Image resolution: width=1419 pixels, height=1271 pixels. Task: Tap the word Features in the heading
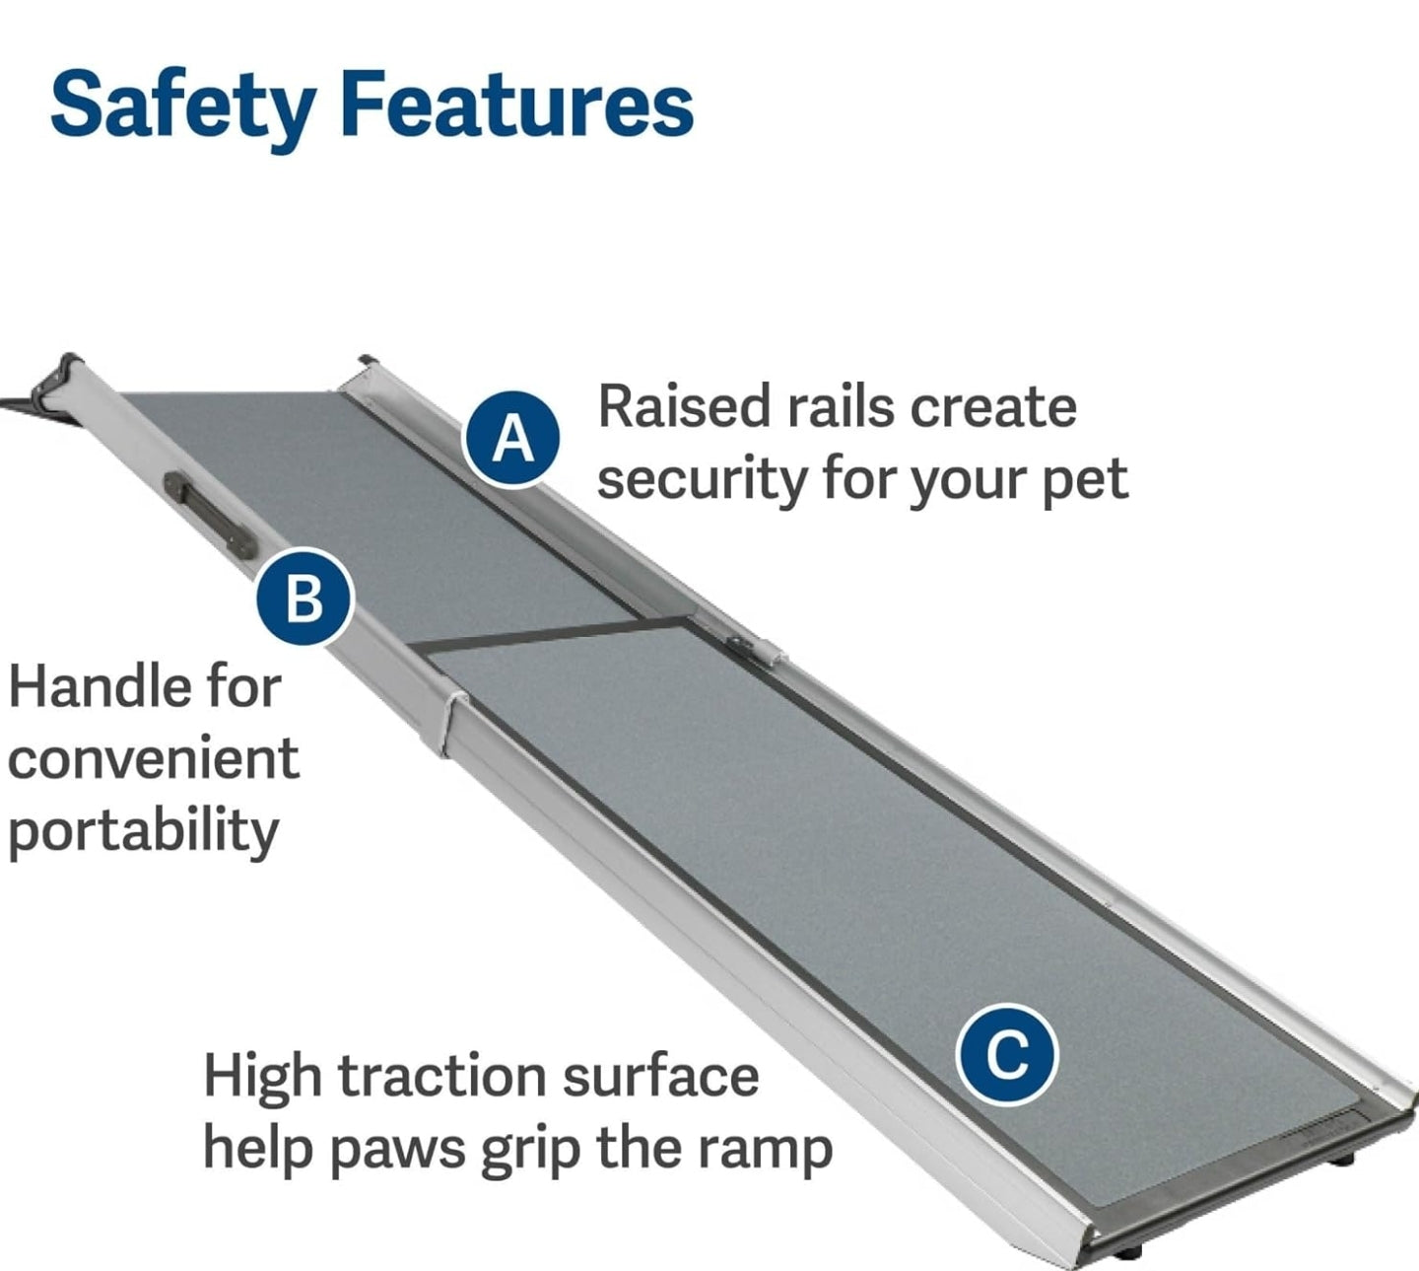click(517, 105)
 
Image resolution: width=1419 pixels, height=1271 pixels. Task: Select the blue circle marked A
click(512, 438)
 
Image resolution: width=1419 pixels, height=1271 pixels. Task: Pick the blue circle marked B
click(304, 597)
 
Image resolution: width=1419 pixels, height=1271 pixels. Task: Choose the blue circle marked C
click(1006, 1055)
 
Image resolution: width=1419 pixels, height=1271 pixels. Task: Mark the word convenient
click(153, 758)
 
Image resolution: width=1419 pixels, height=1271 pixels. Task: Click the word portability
click(143, 831)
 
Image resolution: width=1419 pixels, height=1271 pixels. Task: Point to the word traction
click(442, 1076)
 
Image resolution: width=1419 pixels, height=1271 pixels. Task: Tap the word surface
click(660, 1076)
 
